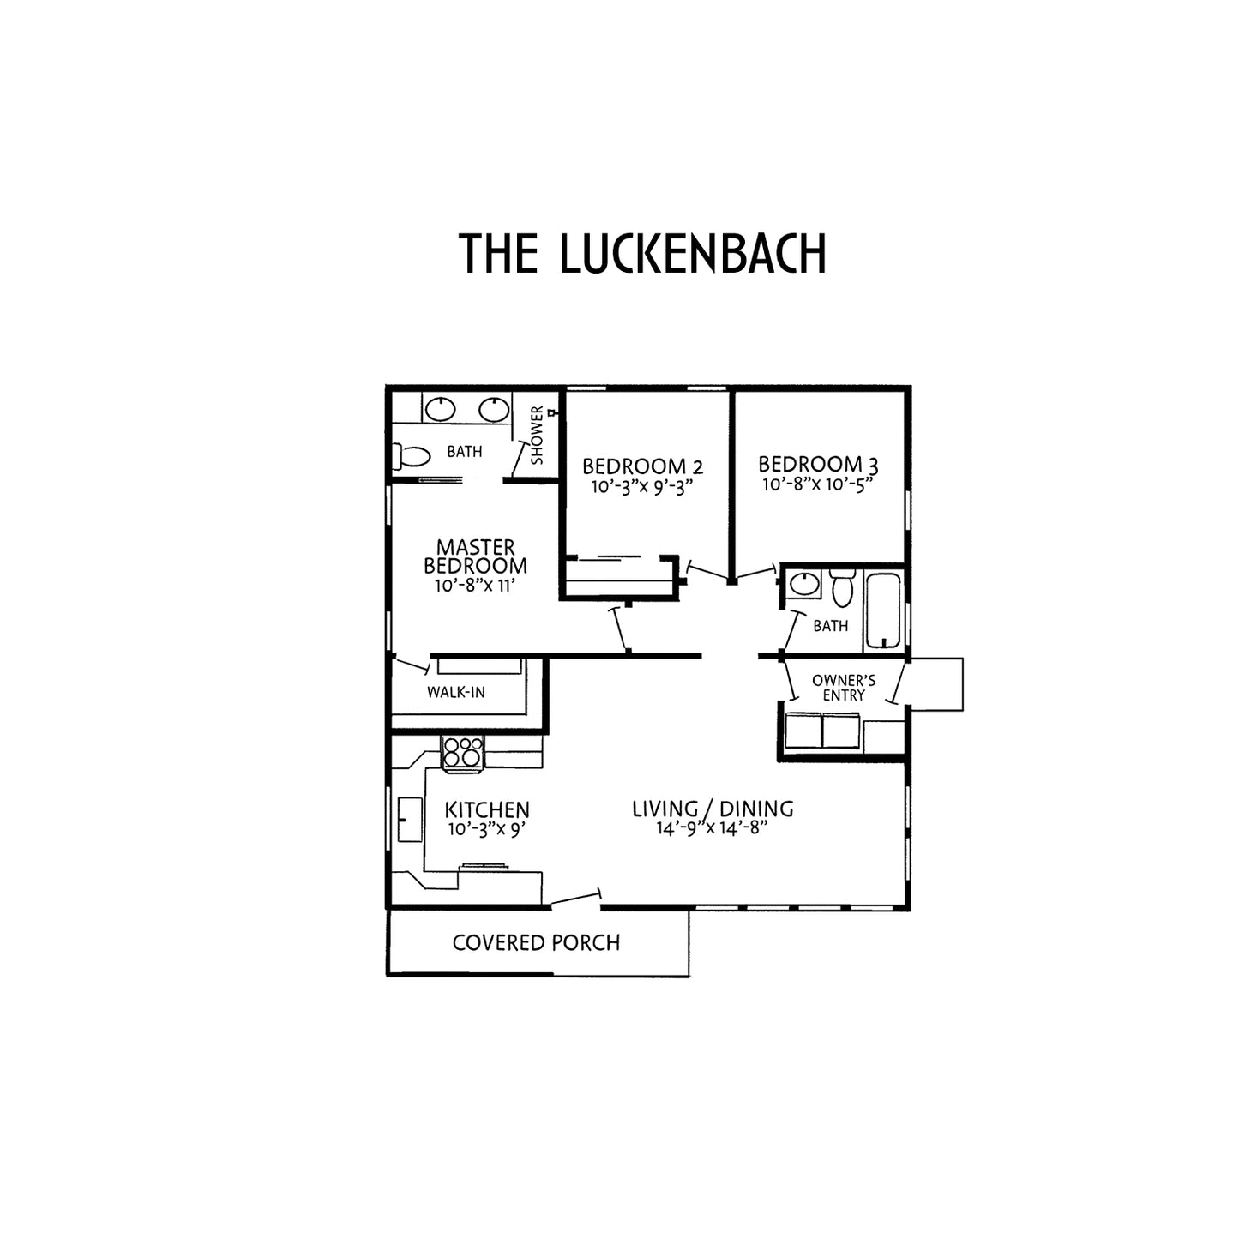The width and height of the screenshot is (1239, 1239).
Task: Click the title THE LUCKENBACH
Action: pos(641,253)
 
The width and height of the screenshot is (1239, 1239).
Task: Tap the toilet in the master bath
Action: pos(411,456)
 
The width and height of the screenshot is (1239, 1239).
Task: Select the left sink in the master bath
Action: pos(441,410)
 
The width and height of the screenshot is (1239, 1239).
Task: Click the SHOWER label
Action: pos(538,435)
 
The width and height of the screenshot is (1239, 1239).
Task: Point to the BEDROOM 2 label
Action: pos(642,466)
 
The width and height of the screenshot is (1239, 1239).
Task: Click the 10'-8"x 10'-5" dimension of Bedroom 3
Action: pos(818,484)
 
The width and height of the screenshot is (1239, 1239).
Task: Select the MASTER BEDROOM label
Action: pos(475,556)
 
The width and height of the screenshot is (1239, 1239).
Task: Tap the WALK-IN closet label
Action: pos(456,693)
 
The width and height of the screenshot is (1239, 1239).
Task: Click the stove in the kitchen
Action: pos(462,751)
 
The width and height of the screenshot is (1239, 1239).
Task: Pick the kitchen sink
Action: pos(410,819)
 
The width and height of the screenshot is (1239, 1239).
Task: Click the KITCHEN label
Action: pos(487,810)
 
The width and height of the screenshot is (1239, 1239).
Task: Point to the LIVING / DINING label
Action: pos(713,809)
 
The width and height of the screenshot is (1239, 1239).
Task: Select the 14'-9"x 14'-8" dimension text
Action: pos(713,828)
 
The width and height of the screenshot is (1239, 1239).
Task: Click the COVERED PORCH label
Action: pos(536,942)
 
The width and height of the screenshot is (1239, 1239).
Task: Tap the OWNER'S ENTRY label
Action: pos(844,688)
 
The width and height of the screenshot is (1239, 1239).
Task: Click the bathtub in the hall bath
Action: pos(883,610)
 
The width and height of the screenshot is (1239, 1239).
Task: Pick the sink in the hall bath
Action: pos(804,585)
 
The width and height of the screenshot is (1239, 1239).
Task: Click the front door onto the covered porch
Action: pos(575,899)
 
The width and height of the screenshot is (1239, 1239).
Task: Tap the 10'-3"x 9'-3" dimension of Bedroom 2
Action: pos(642,487)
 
